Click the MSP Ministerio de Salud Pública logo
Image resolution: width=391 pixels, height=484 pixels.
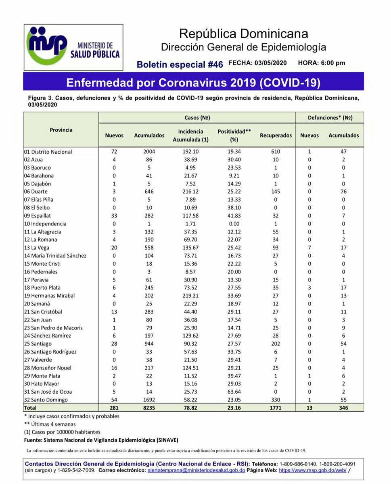73,47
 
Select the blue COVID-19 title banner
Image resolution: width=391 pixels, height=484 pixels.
193,82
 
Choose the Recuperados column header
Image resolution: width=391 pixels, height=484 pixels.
276,136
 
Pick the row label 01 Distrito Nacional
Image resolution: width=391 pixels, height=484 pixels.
48,152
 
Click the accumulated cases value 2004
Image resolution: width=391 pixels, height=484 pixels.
149,152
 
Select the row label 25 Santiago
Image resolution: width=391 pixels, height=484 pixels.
38,344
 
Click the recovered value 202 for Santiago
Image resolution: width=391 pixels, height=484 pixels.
276,344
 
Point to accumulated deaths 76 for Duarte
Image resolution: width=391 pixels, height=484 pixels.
343,192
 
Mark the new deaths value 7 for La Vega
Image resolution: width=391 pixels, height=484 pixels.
309,248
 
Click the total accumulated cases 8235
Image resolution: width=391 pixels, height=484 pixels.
149,408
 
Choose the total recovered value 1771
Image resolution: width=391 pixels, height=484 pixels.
276,408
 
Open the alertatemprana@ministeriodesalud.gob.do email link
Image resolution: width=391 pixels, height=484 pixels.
196,470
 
